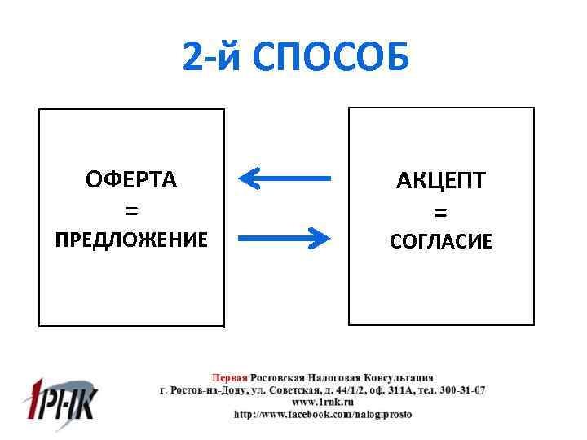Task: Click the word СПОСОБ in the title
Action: point(333,58)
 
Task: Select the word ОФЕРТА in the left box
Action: point(131,180)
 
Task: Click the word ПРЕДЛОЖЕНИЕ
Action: point(131,240)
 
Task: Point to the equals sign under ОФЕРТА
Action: point(131,210)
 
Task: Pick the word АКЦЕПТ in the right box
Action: point(441,181)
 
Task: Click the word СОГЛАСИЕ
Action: point(441,241)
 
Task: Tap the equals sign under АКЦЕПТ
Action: point(441,212)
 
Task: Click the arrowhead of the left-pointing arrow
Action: point(249,178)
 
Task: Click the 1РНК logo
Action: point(58,399)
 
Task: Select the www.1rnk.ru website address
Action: point(323,403)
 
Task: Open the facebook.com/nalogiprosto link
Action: point(323,414)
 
